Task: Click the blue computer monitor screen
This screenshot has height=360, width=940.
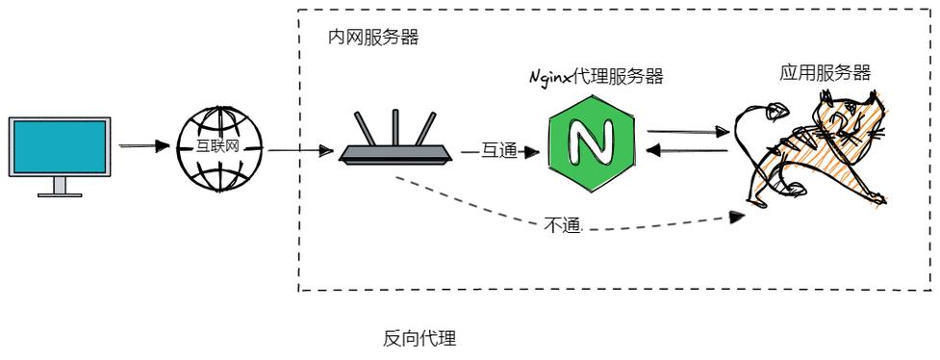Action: pos(60,145)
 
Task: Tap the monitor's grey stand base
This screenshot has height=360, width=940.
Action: pos(60,193)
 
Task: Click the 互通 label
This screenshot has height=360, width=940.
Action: pos(499,150)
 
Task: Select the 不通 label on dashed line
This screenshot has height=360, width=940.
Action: pos(563,226)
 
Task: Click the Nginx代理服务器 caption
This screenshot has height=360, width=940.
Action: pos(597,77)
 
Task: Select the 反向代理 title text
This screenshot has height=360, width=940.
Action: pos(419,338)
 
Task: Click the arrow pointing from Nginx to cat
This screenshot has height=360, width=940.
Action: pos(687,132)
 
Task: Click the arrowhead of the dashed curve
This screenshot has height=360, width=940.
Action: pos(738,218)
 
